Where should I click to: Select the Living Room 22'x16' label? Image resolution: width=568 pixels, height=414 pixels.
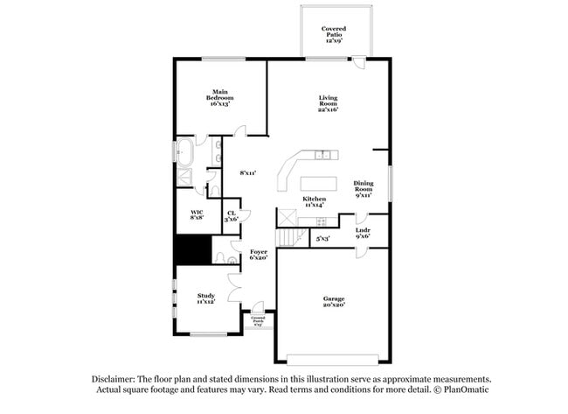coord(328,104)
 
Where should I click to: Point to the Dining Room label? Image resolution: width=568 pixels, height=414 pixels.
coord(364,188)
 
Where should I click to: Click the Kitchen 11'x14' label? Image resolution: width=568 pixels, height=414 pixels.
coord(315,201)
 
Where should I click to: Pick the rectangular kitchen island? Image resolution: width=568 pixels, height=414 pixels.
coord(319,183)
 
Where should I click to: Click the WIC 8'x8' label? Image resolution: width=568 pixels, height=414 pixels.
coord(197,214)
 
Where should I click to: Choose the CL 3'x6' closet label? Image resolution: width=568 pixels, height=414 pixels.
coord(232,215)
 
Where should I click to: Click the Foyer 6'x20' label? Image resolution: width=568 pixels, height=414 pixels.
coord(259,254)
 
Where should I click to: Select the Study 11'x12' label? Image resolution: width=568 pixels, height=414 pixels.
coord(206,298)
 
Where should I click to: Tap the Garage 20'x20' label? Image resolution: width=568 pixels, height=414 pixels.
coord(334,301)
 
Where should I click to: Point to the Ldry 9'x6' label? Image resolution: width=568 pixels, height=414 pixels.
coord(363,233)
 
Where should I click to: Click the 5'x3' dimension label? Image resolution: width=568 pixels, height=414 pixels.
coord(322,237)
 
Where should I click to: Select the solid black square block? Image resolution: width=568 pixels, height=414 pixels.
coord(192,250)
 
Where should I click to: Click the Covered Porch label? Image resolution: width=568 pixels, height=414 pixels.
coord(258,320)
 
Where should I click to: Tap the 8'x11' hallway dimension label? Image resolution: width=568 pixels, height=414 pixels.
coord(247,173)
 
